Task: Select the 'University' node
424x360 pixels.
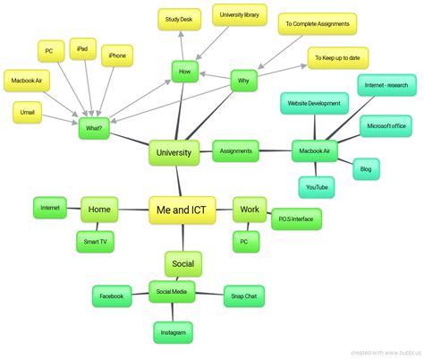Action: click(x=174, y=153)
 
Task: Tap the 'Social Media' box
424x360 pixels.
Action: click(x=172, y=292)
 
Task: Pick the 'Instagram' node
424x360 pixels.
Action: click(x=173, y=332)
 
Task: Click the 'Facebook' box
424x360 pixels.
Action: click(x=112, y=296)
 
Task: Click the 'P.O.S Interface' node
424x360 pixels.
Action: click(x=296, y=218)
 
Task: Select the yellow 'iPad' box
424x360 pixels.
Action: click(x=81, y=49)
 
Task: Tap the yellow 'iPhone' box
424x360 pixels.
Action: click(x=117, y=56)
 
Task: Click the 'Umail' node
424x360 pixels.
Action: click(x=28, y=112)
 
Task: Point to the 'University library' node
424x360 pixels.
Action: click(x=240, y=14)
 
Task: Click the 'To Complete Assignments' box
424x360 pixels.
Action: click(x=317, y=23)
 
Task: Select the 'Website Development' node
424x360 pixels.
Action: click(x=312, y=103)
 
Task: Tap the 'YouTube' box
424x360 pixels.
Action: click(x=317, y=187)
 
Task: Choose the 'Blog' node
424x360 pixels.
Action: click(x=366, y=167)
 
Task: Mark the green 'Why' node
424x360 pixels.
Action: click(x=243, y=81)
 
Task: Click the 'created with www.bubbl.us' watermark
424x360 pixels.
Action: click(x=385, y=352)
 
